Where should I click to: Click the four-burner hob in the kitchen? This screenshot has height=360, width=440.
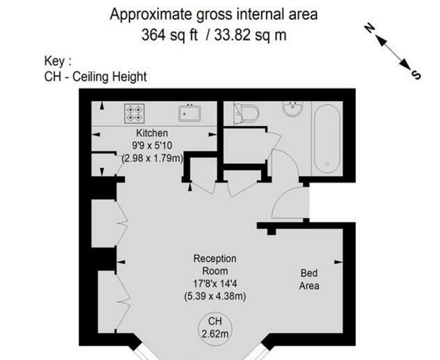(x=134, y=114)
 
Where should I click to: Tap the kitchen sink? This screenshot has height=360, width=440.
(x=189, y=113)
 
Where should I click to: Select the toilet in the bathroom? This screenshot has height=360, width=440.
(x=246, y=114)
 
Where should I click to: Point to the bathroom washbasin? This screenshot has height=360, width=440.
(x=293, y=109)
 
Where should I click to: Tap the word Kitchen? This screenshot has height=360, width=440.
(x=152, y=133)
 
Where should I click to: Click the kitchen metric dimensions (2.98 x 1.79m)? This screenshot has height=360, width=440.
(x=152, y=158)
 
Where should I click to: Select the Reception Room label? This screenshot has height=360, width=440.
(x=215, y=265)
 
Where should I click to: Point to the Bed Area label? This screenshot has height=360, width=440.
(x=309, y=279)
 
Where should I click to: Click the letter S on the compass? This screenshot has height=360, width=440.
(x=416, y=75)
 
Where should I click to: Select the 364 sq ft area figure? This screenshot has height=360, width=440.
(x=169, y=35)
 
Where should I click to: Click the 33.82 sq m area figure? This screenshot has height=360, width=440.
(x=250, y=35)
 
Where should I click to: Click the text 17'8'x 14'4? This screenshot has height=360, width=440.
(x=215, y=284)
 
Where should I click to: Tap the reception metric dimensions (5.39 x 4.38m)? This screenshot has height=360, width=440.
(x=215, y=296)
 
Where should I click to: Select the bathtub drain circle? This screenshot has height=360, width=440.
(x=327, y=164)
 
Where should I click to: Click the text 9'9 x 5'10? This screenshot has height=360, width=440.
(x=152, y=146)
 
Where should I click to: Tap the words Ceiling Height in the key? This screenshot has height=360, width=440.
(x=109, y=77)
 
